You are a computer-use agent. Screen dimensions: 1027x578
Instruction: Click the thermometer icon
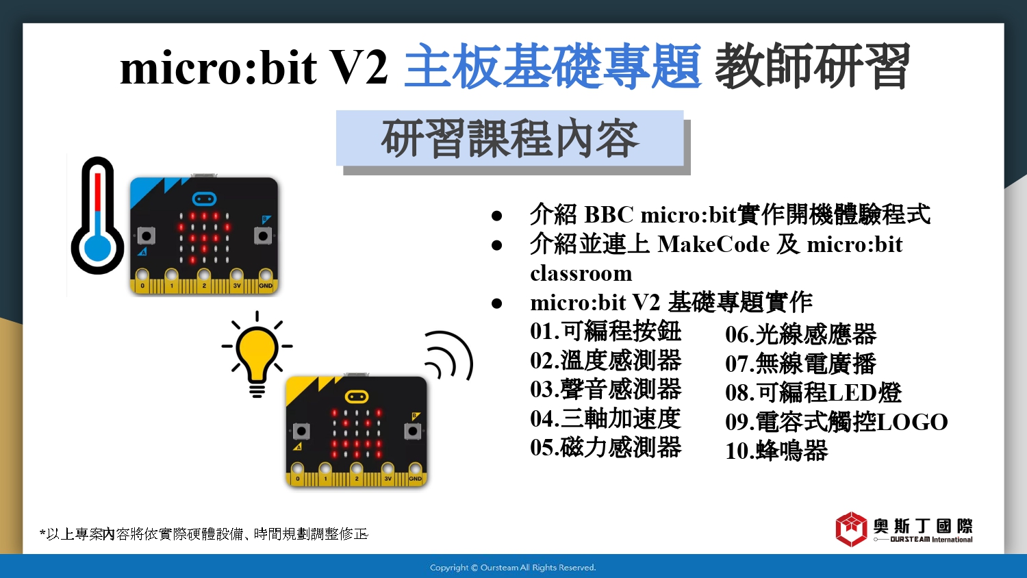97,216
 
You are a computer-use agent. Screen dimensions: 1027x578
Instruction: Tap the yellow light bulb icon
257,354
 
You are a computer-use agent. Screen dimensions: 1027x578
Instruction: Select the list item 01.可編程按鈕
605,331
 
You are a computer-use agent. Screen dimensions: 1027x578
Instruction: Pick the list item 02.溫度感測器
605,360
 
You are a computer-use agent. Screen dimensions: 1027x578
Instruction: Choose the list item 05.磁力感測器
605,447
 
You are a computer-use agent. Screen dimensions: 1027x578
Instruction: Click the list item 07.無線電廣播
800,364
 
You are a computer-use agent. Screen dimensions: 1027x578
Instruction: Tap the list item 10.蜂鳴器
776,451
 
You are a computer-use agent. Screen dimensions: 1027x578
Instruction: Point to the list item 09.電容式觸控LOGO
836,422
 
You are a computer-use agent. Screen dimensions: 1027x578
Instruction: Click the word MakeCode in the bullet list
713,244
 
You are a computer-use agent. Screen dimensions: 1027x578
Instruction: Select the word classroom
581,274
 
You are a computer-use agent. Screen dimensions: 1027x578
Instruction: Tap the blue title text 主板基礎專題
553,66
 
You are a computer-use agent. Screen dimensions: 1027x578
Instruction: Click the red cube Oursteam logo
852,529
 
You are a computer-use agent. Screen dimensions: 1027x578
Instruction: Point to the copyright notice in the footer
513,568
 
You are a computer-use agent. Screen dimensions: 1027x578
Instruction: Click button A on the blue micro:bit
147,236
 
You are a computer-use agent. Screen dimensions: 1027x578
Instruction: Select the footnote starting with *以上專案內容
203,534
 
